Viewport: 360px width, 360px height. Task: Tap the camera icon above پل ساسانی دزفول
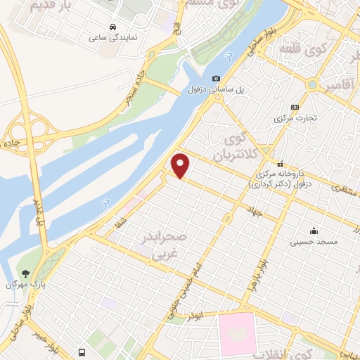216,78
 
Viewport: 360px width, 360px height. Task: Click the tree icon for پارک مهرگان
25,274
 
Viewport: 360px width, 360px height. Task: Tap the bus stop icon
82,352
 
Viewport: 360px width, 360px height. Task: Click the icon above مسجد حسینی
314,231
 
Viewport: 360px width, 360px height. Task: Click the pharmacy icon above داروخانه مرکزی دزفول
280,163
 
